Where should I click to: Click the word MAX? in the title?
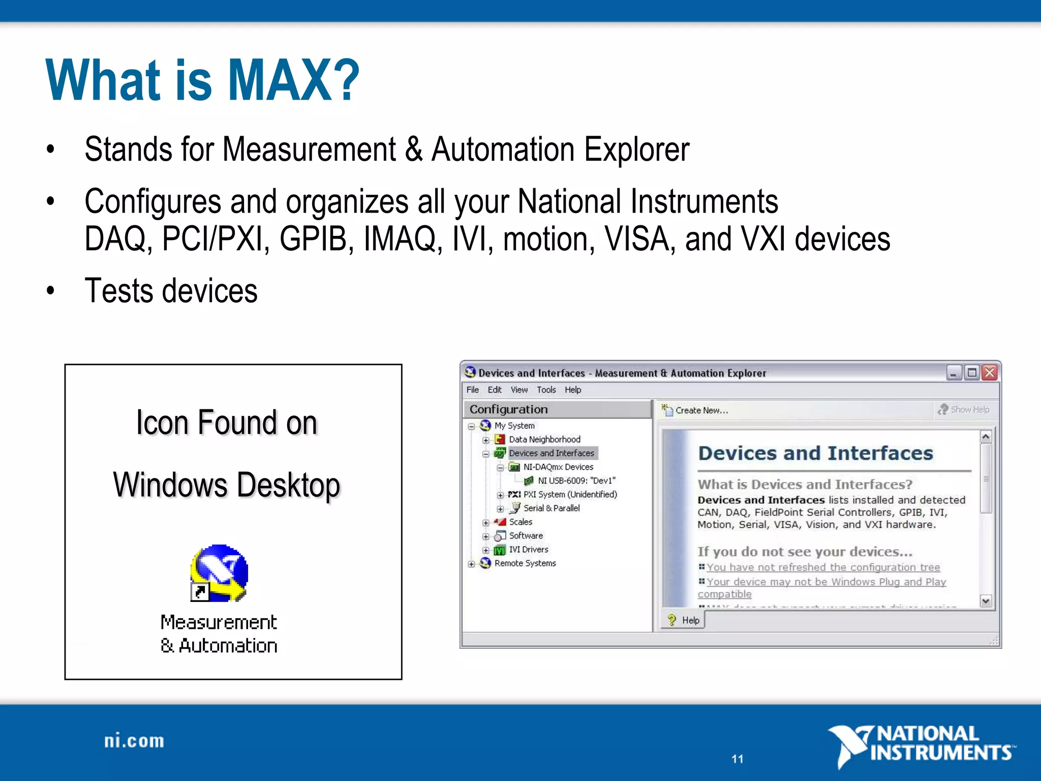(x=293, y=80)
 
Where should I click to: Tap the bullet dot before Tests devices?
(x=50, y=291)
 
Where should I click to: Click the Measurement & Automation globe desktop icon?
(x=220, y=573)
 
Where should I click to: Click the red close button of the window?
(x=989, y=373)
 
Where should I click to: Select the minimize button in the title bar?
(x=954, y=373)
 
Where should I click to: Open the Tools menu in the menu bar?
(x=546, y=390)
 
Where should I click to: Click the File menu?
(x=472, y=390)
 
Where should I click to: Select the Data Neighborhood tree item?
(x=544, y=439)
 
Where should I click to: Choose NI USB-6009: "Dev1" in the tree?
(x=576, y=480)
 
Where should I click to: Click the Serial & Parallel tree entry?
(x=551, y=508)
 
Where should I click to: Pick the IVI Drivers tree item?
(x=528, y=550)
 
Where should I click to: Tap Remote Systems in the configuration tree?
(x=525, y=563)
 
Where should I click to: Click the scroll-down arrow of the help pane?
(x=986, y=602)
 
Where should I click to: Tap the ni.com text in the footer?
(x=134, y=741)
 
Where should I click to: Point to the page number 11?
(x=738, y=759)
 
